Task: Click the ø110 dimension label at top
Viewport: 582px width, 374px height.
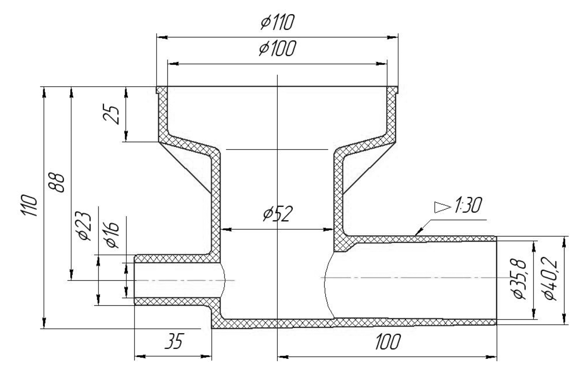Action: (277, 23)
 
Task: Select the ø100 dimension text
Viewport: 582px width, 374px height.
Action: (277, 49)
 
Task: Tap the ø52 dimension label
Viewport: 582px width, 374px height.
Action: (278, 214)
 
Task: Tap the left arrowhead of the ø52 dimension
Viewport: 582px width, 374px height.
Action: (225, 229)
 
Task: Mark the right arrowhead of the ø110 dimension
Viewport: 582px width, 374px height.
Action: (393, 37)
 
